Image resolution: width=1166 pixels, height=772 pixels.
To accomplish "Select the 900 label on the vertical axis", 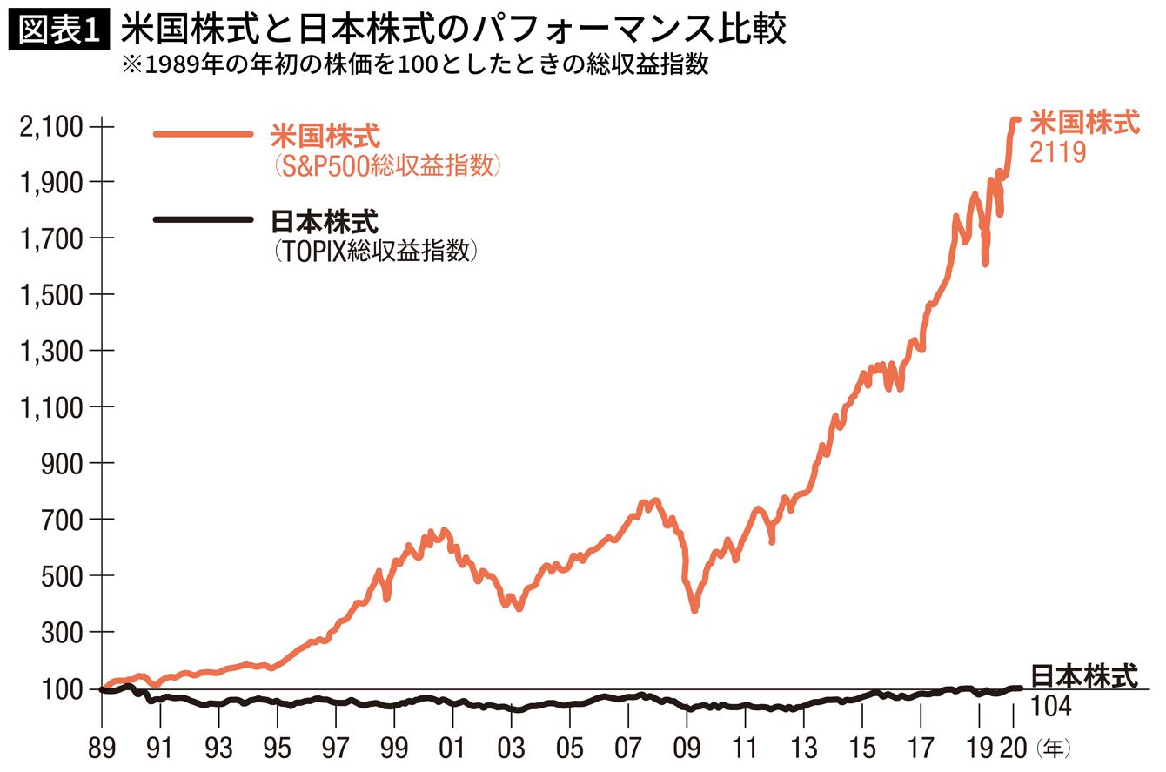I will point(63,464).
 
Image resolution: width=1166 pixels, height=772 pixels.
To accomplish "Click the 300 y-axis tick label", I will point(63,633).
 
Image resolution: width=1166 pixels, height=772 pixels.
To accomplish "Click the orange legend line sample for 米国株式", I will point(202,135).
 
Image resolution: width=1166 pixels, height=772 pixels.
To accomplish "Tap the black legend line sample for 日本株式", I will point(202,219).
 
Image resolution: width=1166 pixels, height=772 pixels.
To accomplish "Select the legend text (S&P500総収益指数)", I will point(387,165).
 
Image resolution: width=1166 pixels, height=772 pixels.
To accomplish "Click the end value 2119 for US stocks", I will point(1057,152).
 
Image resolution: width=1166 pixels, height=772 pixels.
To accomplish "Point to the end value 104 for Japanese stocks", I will point(1050,707).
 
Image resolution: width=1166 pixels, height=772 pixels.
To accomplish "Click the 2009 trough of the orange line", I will point(694,609).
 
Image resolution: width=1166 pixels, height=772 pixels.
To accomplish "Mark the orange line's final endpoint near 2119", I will point(1016,120).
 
